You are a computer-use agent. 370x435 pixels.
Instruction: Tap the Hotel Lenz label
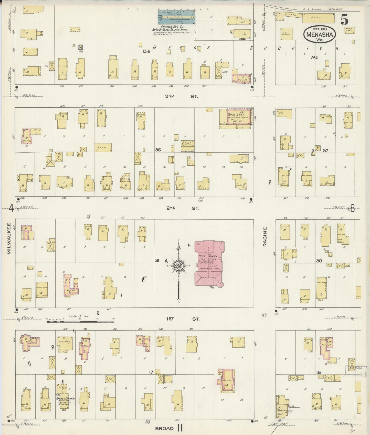[236, 114]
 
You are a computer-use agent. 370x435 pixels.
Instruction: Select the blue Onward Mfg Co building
[176, 17]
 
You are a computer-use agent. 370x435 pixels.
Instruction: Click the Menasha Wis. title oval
[319, 34]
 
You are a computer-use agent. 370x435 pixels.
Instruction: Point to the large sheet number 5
[344, 19]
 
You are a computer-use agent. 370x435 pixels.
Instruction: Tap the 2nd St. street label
[182, 208]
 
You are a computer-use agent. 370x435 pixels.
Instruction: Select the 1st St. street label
[182, 319]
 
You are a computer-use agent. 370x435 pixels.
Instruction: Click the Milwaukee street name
[9, 238]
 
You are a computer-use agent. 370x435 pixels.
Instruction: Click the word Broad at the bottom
[164, 428]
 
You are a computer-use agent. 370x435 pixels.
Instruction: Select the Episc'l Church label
[66, 398]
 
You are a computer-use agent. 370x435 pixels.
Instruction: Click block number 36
[158, 150]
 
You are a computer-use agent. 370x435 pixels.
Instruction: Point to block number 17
[151, 372]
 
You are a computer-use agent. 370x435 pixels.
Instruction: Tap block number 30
[319, 261]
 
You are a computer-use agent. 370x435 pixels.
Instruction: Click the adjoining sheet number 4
[11, 208]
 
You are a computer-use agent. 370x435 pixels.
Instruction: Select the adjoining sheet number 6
[352, 209]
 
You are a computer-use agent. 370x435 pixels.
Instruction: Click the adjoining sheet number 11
[179, 428]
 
